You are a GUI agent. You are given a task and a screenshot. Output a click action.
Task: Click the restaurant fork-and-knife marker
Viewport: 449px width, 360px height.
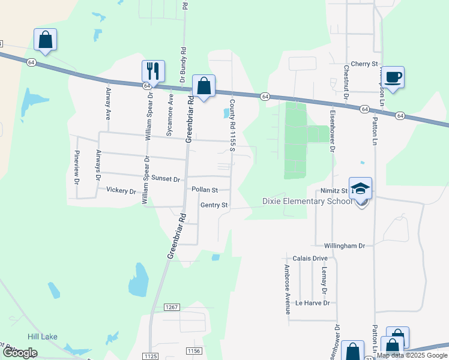152,71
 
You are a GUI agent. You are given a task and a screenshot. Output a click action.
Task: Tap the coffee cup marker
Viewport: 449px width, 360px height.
393,77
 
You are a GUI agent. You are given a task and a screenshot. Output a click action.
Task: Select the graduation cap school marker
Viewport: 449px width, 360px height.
361,188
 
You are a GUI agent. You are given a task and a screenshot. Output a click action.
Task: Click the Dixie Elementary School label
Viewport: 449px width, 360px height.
307,201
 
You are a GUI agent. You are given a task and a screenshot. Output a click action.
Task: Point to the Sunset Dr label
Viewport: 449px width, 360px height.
166,179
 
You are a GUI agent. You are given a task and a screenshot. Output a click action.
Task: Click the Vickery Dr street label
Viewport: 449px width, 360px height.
121,190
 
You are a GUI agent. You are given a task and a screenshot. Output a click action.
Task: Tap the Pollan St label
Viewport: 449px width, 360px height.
204,190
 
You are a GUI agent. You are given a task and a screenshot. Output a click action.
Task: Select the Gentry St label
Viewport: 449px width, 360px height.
214,205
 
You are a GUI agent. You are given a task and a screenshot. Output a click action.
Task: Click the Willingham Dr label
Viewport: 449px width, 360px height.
345,246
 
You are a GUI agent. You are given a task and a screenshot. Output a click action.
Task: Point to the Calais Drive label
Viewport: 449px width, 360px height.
310,258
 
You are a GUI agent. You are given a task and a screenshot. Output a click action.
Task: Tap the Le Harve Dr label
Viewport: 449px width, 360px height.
313,303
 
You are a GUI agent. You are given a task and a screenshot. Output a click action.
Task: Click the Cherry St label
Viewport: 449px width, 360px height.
364,64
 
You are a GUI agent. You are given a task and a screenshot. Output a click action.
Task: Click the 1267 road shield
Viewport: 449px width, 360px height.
172,307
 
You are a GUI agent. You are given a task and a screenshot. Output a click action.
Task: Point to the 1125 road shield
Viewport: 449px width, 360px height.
150,356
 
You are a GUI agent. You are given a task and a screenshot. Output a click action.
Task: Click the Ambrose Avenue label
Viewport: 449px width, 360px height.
288,289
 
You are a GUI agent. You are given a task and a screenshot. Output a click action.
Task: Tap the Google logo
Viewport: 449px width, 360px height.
20,353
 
